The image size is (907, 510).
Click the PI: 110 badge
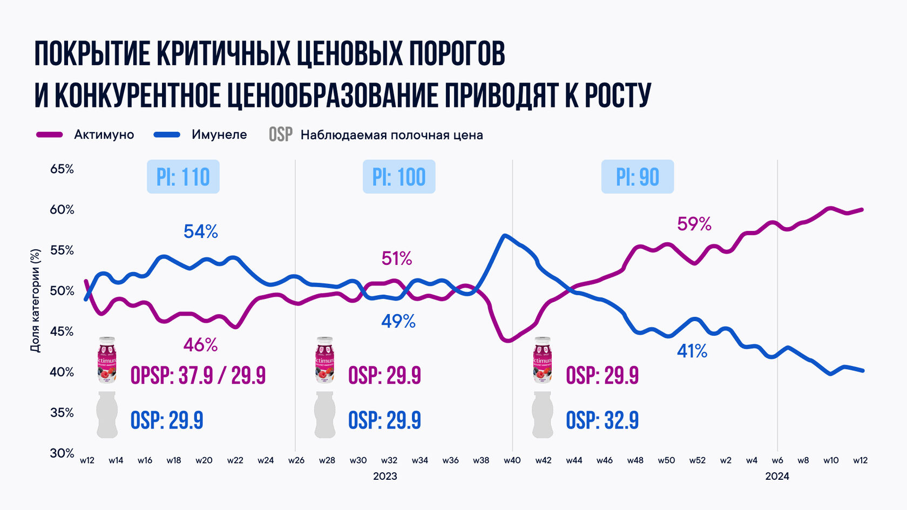tap(183, 176)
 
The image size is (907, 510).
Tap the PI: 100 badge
tap(399, 176)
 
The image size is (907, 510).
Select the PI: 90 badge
tap(637, 176)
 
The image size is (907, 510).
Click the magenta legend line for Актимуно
tap(50, 135)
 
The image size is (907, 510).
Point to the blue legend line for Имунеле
tap(167, 135)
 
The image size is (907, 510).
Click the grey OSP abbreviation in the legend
tap(281, 135)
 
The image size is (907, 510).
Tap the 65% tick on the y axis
tap(62, 169)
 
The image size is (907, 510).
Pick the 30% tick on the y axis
tap(62, 453)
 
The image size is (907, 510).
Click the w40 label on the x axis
tap(512, 460)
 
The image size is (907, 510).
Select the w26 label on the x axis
tap(296, 460)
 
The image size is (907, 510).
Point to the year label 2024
tap(777, 477)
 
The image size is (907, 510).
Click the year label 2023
tap(385, 477)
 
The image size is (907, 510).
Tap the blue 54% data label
tap(200, 232)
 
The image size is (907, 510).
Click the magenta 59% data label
tap(694, 225)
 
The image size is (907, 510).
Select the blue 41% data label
tap(692, 351)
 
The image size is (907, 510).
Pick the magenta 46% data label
tap(200, 345)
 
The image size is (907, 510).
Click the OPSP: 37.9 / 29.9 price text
tap(198, 376)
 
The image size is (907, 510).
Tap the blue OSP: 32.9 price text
tap(602, 420)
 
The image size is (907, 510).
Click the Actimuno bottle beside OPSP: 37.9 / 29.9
tap(107, 360)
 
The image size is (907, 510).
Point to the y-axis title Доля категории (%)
tap(36, 301)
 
